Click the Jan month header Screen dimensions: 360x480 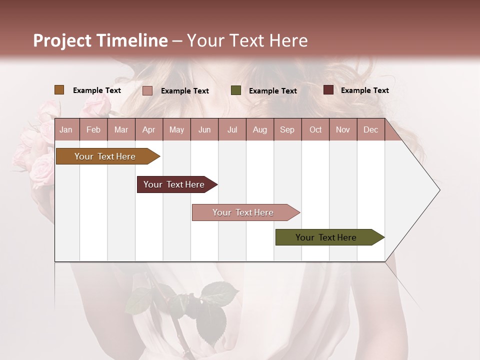pyautogui.click(x=66, y=129)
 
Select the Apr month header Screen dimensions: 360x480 pyautogui.click(x=149, y=129)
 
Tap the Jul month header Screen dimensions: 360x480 pyautogui.click(x=232, y=129)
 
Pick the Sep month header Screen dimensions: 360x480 pyautogui.click(x=287, y=129)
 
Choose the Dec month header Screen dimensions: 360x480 pyautogui.click(x=370, y=129)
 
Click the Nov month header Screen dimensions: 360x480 pyautogui.click(x=343, y=129)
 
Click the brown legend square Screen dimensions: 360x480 pyautogui.click(x=59, y=90)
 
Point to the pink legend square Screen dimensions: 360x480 pyautogui.click(x=147, y=90)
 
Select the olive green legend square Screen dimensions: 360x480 pyautogui.click(x=236, y=90)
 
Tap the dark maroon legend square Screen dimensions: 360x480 pyautogui.click(x=328, y=90)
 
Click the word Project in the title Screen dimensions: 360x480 pyautogui.click(x=62, y=40)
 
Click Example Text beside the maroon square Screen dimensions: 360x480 pyautogui.click(x=364, y=90)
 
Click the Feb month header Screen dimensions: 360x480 pyautogui.click(x=93, y=129)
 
